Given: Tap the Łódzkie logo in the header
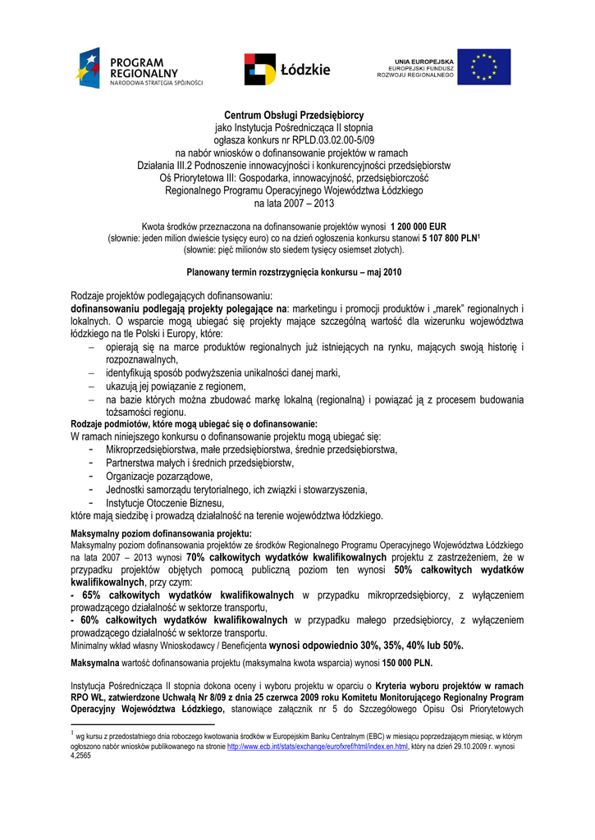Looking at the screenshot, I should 286,69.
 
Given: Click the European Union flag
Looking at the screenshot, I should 484,67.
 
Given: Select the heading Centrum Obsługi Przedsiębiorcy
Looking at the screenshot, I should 295,115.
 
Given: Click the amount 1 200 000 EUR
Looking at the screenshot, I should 419,226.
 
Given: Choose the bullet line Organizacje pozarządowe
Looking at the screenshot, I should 159,477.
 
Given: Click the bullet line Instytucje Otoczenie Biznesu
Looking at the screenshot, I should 165,503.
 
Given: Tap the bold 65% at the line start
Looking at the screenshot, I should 87,595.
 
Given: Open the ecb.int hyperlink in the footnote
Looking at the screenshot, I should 318,746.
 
